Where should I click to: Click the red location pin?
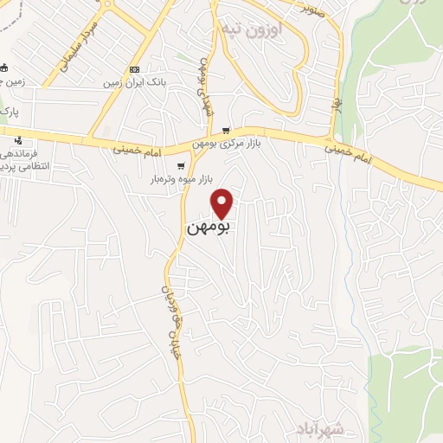pyautogui.click(x=223, y=202)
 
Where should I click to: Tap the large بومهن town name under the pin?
pyautogui.click(x=209, y=229)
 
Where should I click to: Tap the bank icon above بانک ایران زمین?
pyautogui.click(x=134, y=69)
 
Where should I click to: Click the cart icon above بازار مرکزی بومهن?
pyautogui.click(x=226, y=131)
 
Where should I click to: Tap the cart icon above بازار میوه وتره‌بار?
pyautogui.click(x=181, y=166)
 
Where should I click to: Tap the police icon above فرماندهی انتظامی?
pyautogui.click(x=18, y=140)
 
